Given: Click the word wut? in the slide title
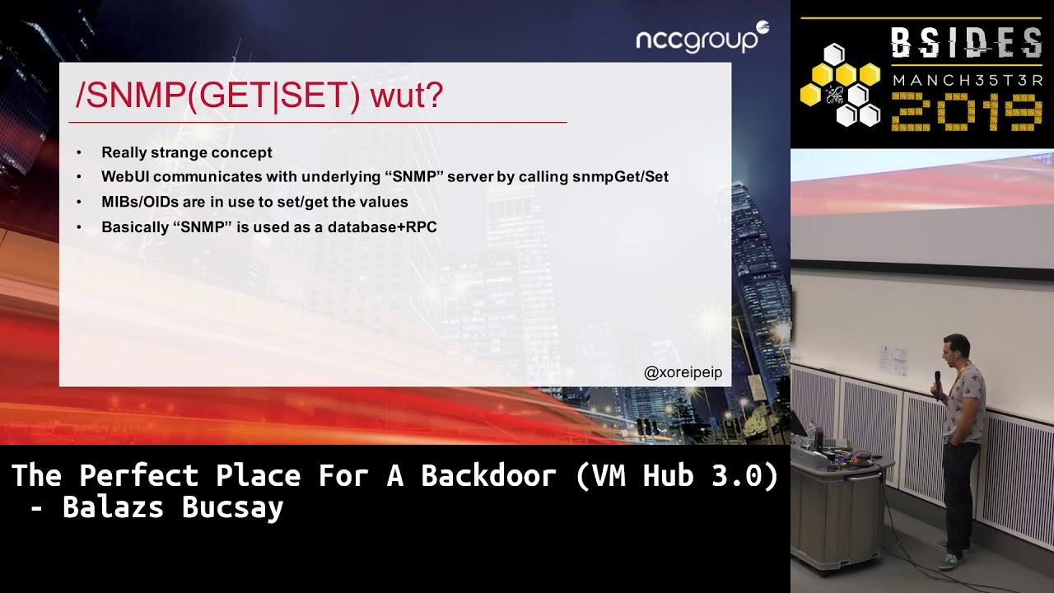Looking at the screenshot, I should click(407, 96).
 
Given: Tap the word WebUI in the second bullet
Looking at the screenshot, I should click(125, 177).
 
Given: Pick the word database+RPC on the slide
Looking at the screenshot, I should click(382, 227).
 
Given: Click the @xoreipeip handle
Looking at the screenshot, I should click(683, 373).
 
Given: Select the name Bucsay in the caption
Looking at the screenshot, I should click(233, 507).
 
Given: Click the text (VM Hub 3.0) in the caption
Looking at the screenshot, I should click(676, 476).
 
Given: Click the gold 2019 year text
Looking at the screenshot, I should click(967, 111).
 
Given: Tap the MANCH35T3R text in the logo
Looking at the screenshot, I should click(967, 81).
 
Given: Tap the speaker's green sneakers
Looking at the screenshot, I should click(950, 560).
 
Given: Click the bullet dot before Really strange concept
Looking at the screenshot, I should click(79, 153).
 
